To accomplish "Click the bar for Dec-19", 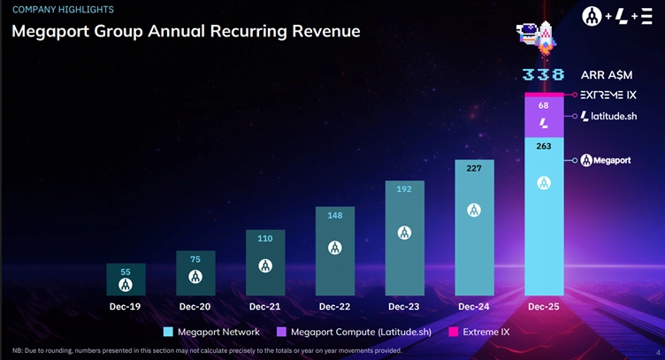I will (126, 279).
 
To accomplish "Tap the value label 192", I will (404, 188).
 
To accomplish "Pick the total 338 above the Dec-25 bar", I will (543, 75).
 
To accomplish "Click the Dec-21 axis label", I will (264, 306).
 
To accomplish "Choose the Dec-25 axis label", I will (544, 306).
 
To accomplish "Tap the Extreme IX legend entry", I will (478, 332).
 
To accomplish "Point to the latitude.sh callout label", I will (610, 116).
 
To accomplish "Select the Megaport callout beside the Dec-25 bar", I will (610, 160).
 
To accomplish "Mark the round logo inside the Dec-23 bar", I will (404, 233).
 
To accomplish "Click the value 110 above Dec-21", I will (265, 239).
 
